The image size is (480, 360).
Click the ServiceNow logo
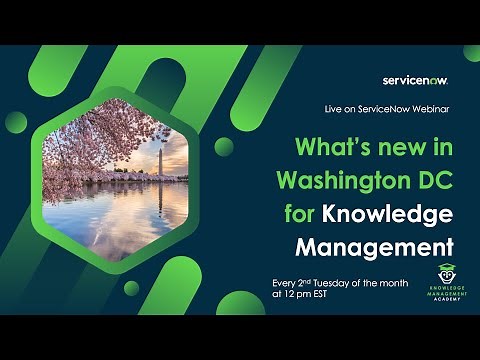[x=413, y=80]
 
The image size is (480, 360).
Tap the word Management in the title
[x=374, y=246]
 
